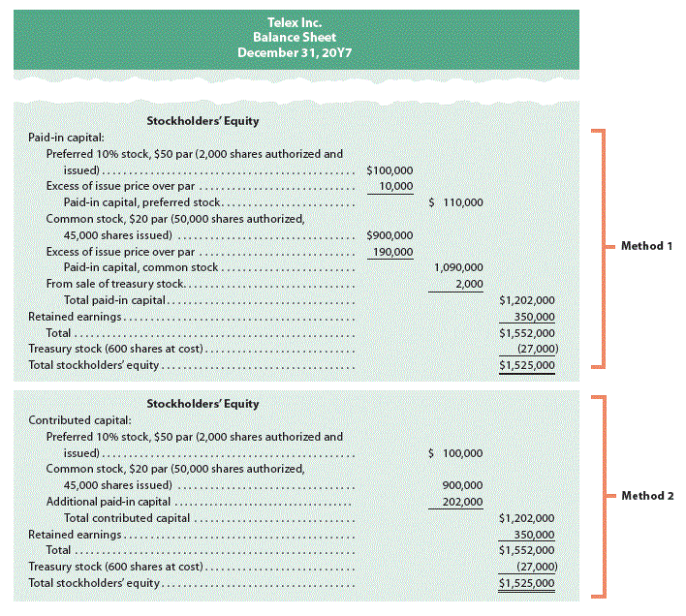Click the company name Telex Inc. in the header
tap(294, 21)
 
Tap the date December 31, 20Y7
tap(294, 52)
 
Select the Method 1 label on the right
tap(646, 246)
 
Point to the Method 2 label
tap(646, 495)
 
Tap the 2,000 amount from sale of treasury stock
tap(469, 284)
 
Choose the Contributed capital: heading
tap(74, 420)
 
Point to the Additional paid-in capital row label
tap(109, 502)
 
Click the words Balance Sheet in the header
tap(294, 37)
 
